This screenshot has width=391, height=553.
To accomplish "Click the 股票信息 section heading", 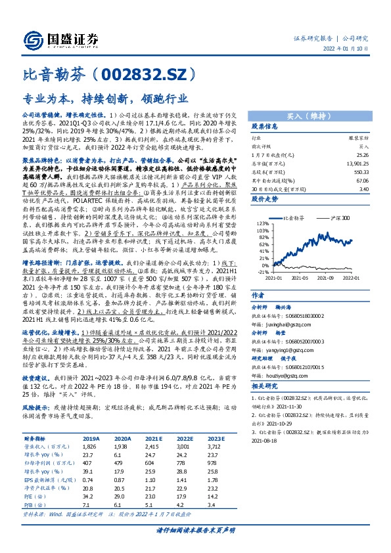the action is pyautogui.click(x=265, y=127).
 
